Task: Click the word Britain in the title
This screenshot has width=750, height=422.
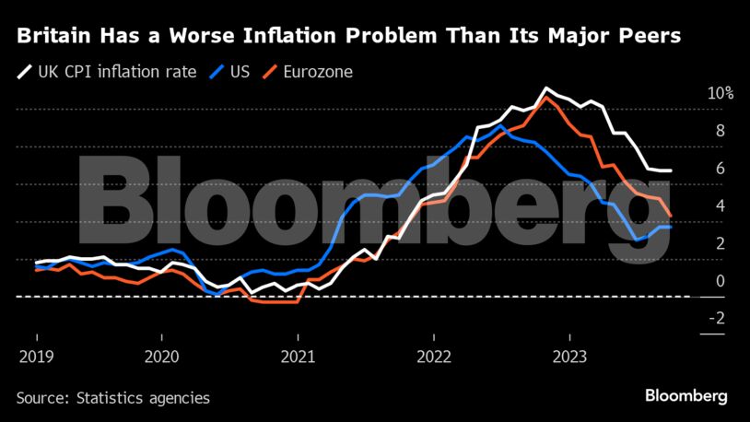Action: coord(53,36)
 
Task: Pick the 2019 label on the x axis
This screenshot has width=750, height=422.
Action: coord(36,356)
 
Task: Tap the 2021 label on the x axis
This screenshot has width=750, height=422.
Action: coord(299,356)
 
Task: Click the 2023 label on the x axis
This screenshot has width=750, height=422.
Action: coord(566,356)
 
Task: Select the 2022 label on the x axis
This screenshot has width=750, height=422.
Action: coord(432,356)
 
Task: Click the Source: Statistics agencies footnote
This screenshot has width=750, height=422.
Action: coord(113,398)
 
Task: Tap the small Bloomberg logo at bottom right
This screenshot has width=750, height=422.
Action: coord(686,396)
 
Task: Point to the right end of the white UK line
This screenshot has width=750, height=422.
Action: coord(671,170)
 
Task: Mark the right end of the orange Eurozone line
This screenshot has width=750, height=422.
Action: coord(671,216)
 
